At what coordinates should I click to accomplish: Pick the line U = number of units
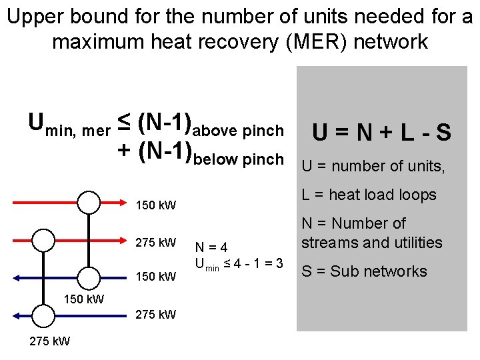pos(373,165)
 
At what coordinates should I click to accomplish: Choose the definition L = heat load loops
pos(369,195)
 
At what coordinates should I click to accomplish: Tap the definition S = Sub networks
pos(364,271)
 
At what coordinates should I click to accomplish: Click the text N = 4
pos(212,247)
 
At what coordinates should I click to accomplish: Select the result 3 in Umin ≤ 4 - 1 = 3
pos(279,263)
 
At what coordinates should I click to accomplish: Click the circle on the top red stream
pos(88,201)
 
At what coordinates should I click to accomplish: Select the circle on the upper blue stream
pos(88,276)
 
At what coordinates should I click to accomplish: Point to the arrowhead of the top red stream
pos(127,201)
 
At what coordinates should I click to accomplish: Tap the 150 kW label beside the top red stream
pos(156,205)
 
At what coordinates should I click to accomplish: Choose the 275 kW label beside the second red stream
pos(156,242)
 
